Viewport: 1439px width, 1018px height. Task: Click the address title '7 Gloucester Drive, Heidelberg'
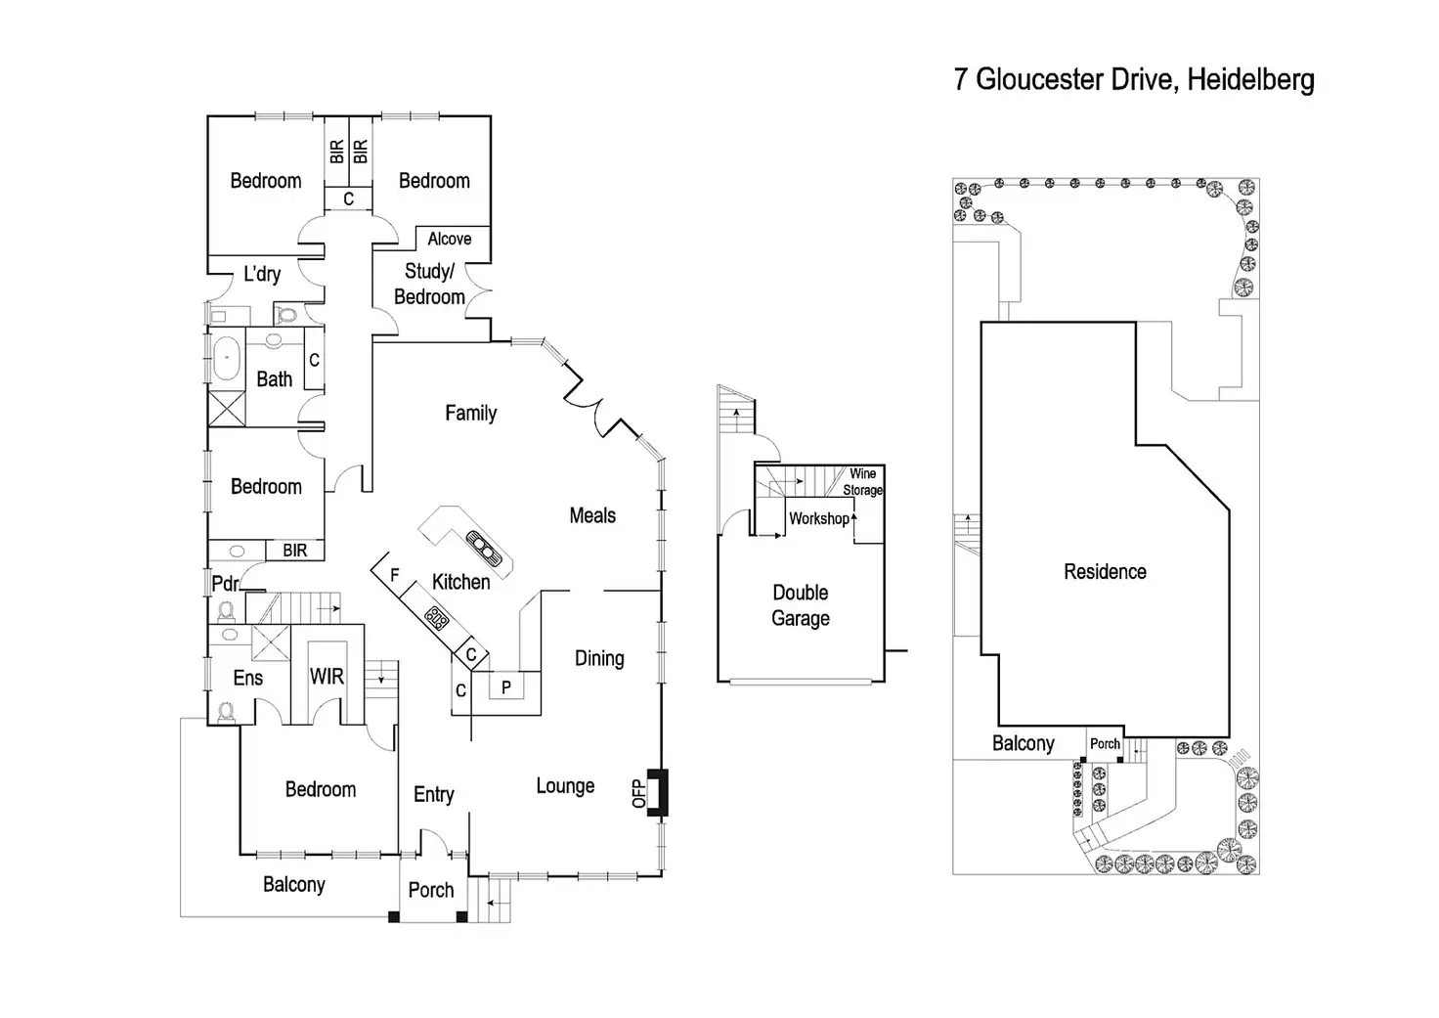1134,79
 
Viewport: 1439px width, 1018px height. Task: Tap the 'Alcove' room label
449,239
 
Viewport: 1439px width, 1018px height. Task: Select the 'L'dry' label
262,274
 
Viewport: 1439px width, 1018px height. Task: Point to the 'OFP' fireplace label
639,793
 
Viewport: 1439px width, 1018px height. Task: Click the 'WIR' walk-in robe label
327,676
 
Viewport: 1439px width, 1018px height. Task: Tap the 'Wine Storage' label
862,481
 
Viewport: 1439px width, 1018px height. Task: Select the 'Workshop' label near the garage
818,518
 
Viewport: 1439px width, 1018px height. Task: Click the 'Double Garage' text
801,605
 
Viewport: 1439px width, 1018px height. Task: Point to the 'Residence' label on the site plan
1105,571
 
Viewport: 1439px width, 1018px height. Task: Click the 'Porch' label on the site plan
1105,744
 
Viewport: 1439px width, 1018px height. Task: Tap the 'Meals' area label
592,515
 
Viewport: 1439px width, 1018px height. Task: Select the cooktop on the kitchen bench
436,617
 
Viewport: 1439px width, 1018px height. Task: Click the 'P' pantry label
505,687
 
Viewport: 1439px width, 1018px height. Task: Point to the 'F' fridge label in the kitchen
395,575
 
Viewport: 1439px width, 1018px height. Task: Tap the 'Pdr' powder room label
225,583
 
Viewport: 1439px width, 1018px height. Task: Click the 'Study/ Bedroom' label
429,284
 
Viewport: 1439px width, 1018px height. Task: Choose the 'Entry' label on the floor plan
433,794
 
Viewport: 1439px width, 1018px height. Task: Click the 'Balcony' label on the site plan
1023,743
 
